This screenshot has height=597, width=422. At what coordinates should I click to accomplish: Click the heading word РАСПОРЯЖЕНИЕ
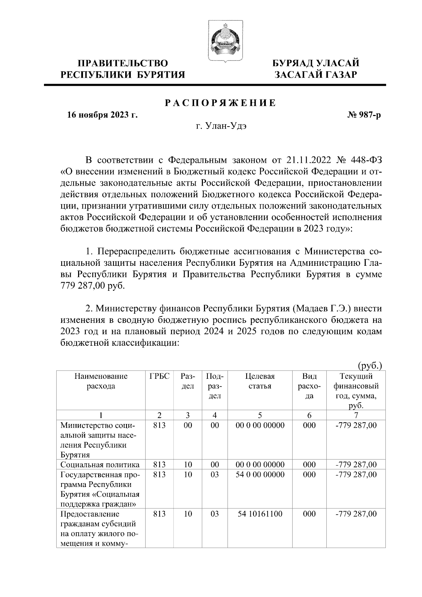[221, 103]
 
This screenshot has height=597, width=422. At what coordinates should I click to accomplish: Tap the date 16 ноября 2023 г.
[102, 115]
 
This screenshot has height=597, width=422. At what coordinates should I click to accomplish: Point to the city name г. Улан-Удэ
[221, 126]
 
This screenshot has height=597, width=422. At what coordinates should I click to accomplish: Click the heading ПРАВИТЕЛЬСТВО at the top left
[123, 63]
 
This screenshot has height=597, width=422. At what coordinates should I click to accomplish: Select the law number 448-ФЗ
[366, 161]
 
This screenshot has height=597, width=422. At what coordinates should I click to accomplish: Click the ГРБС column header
[159, 377]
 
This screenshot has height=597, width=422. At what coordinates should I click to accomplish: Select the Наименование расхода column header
[101, 381]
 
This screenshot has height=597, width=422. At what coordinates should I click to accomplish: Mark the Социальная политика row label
[100, 465]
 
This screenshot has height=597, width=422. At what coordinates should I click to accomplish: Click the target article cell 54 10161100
[260, 514]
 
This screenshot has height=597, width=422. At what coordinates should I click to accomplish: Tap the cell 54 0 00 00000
[260, 475]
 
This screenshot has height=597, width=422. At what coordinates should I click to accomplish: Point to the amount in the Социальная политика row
[356, 465]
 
